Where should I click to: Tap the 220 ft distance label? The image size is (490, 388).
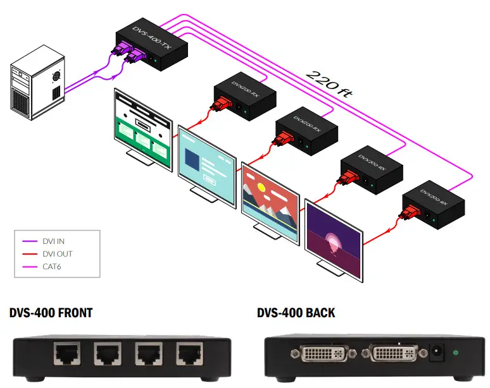pyautogui.click(x=328, y=83)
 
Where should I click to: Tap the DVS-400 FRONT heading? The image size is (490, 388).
pyautogui.click(x=51, y=313)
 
